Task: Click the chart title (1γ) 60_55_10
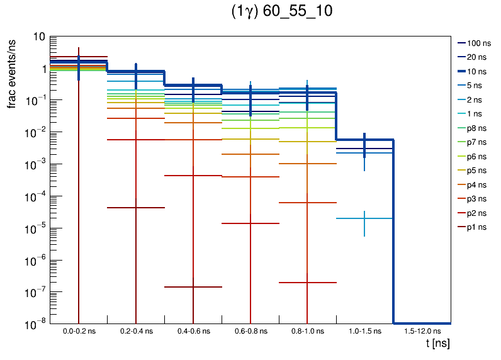[283, 13]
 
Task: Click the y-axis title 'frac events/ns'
[12, 72]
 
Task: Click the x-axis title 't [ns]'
[437, 344]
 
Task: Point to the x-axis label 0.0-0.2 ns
[79, 331]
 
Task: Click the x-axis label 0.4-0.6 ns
[193, 331]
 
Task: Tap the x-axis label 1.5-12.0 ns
[422, 331]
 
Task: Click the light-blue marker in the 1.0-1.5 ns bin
[364, 218]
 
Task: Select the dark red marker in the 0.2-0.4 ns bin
[136, 208]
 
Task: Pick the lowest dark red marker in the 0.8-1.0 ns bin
[307, 283]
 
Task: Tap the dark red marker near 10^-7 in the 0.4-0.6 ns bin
[193, 287]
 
